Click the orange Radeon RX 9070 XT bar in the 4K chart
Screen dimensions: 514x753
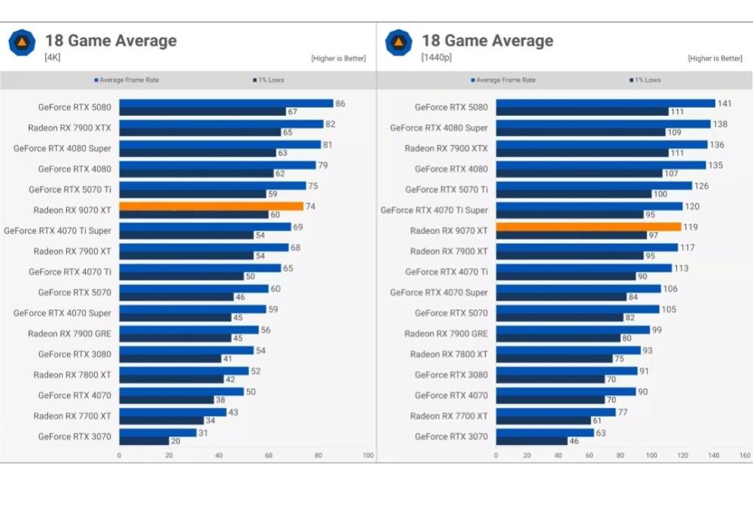211,206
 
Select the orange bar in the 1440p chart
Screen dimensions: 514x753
588,227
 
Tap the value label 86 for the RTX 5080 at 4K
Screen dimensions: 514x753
340,103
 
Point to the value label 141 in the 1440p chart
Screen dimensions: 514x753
724,103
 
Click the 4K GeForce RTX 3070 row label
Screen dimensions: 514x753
75,436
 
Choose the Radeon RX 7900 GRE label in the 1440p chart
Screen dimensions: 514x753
446,333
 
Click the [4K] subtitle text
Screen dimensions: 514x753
53,57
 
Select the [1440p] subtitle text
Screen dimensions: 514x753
437,57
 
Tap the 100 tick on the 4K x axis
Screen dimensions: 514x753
368,455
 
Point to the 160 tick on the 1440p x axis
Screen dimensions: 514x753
745,455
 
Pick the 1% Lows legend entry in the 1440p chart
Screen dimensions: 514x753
645,80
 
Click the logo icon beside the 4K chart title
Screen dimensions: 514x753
22,42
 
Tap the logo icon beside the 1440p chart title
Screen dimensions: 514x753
398,42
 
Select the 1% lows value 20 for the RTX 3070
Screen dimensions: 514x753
175,441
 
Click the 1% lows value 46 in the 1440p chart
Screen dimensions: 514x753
574,441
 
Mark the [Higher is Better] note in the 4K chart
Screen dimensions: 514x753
338,59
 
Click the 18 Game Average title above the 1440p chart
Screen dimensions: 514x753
487,41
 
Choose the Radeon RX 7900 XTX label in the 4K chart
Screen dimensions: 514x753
69,128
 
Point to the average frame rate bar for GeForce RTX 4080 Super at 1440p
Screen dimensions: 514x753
602,123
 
